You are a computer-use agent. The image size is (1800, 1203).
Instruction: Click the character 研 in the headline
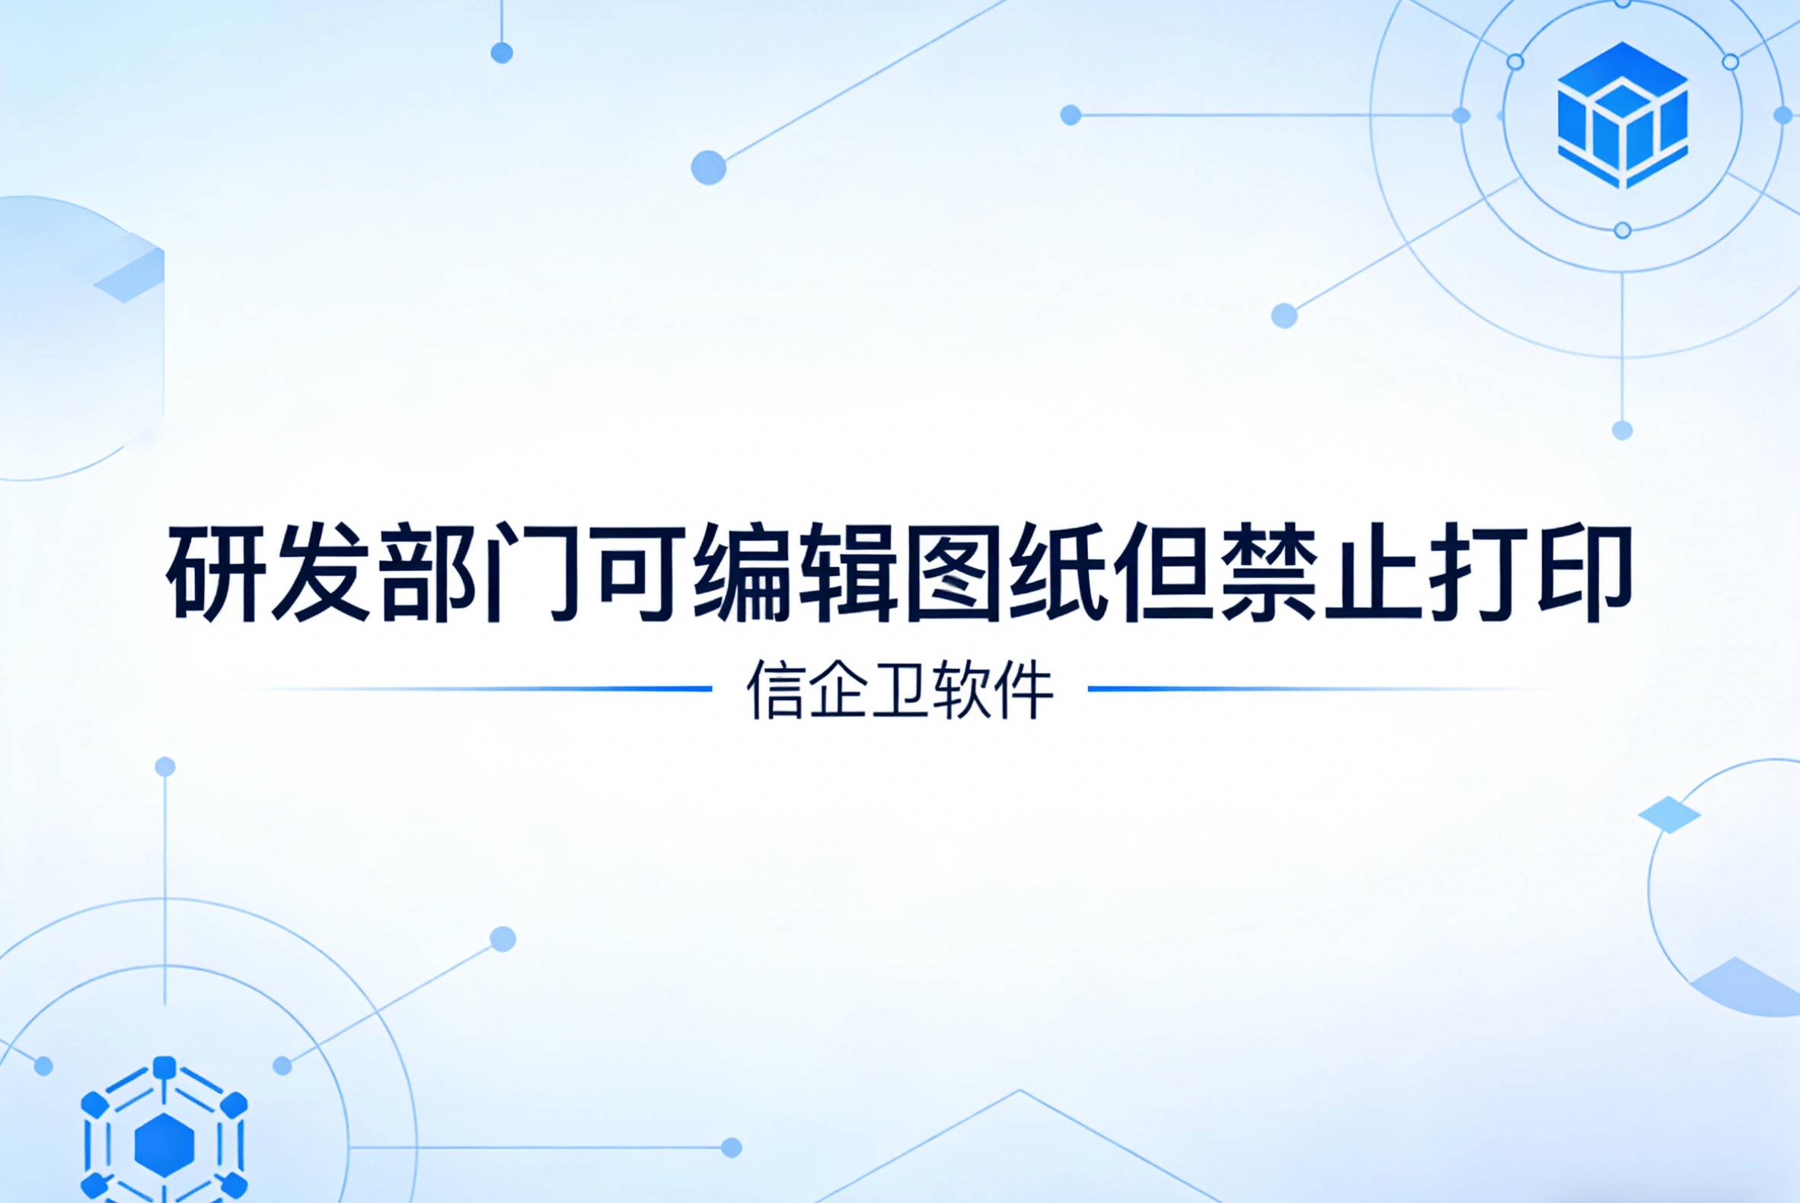[217, 573]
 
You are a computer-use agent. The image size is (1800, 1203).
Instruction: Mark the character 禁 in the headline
[1269, 573]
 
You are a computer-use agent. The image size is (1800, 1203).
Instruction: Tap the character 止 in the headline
[1374, 573]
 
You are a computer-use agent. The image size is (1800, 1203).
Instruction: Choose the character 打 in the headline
[1479, 573]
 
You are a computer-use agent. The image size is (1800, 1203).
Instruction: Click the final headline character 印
[1584, 573]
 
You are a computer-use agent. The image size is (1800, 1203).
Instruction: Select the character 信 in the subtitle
[775, 689]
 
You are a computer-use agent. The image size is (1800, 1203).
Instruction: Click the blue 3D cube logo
[1622, 115]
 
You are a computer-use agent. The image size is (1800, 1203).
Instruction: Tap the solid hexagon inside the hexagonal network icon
[164, 1145]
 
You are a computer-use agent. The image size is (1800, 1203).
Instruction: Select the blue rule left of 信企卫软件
[538, 689]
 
